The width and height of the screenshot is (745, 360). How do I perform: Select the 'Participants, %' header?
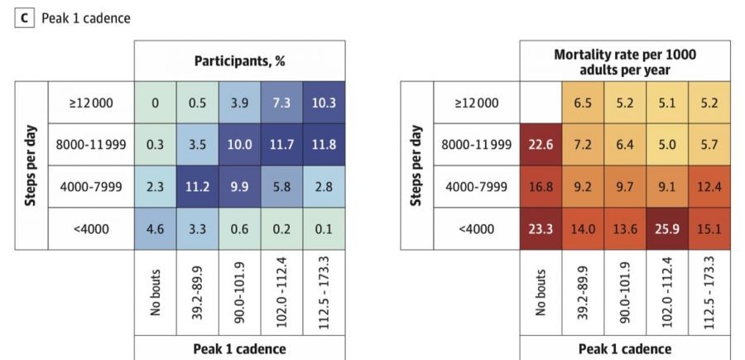pyautogui.click(x=240, y=60)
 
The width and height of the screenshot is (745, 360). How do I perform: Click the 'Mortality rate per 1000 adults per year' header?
pyautogui.click(x=625, y=60)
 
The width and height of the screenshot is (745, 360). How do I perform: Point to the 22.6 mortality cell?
pyautogui.click(x=541, y=145)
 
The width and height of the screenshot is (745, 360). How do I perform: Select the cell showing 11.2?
pyautogui.click(x=198, y=186)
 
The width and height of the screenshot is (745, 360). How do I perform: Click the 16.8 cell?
pyautogui.click(x=541, y=186)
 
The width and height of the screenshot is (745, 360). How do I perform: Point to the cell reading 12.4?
pyautogui.click(x=709, y=186)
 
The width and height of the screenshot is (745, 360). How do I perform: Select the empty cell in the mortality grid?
pyautogui.click(x=541, y=103)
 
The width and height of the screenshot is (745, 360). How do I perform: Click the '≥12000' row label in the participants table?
pyautogui.click(x=91, y=103)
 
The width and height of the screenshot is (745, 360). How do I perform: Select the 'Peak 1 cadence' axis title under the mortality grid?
pyautogui.click(x=625, y=348)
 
